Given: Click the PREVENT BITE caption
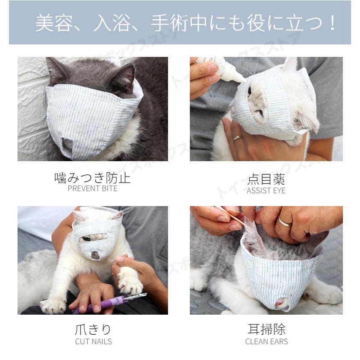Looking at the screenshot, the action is coord(92,189).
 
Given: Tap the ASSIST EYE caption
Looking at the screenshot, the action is coord(266,191).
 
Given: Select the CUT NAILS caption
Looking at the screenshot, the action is coord(93,342).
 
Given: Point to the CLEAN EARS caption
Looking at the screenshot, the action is coord(266,342).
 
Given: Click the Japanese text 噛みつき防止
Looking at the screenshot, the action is coord(92,178).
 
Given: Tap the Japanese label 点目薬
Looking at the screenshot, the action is coord(266,179).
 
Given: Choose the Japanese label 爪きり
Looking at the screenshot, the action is coord(93,330).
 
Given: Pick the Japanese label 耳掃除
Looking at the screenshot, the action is coord(266,329).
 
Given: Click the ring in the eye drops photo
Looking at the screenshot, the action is coord(237,139).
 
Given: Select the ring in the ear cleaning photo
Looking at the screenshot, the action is coord(284,222).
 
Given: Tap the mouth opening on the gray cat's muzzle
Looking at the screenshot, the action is coord(68,145).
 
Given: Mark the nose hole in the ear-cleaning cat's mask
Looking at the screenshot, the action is coord(282,303).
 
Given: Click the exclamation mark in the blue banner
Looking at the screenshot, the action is coord(332,23).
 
